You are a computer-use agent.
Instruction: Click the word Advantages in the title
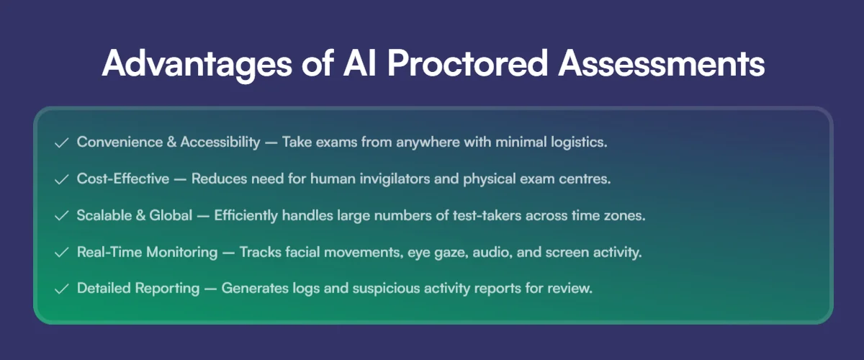197,63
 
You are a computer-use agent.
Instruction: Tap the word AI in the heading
359,63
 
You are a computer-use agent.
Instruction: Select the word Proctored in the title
467,63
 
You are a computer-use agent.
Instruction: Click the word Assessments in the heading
662,63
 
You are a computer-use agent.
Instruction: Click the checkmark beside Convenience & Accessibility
62,143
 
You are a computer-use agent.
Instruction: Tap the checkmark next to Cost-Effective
62,179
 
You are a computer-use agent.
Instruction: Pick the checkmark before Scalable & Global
62,216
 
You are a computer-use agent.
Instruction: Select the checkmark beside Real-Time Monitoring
62,252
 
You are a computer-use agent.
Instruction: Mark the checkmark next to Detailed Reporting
62,289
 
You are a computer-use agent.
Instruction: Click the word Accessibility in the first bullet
220,143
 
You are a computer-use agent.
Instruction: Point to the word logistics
579,143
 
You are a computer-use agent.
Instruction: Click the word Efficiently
246,216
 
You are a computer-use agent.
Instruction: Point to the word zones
625,216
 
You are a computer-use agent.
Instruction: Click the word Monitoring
182,252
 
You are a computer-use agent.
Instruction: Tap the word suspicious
381,289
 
